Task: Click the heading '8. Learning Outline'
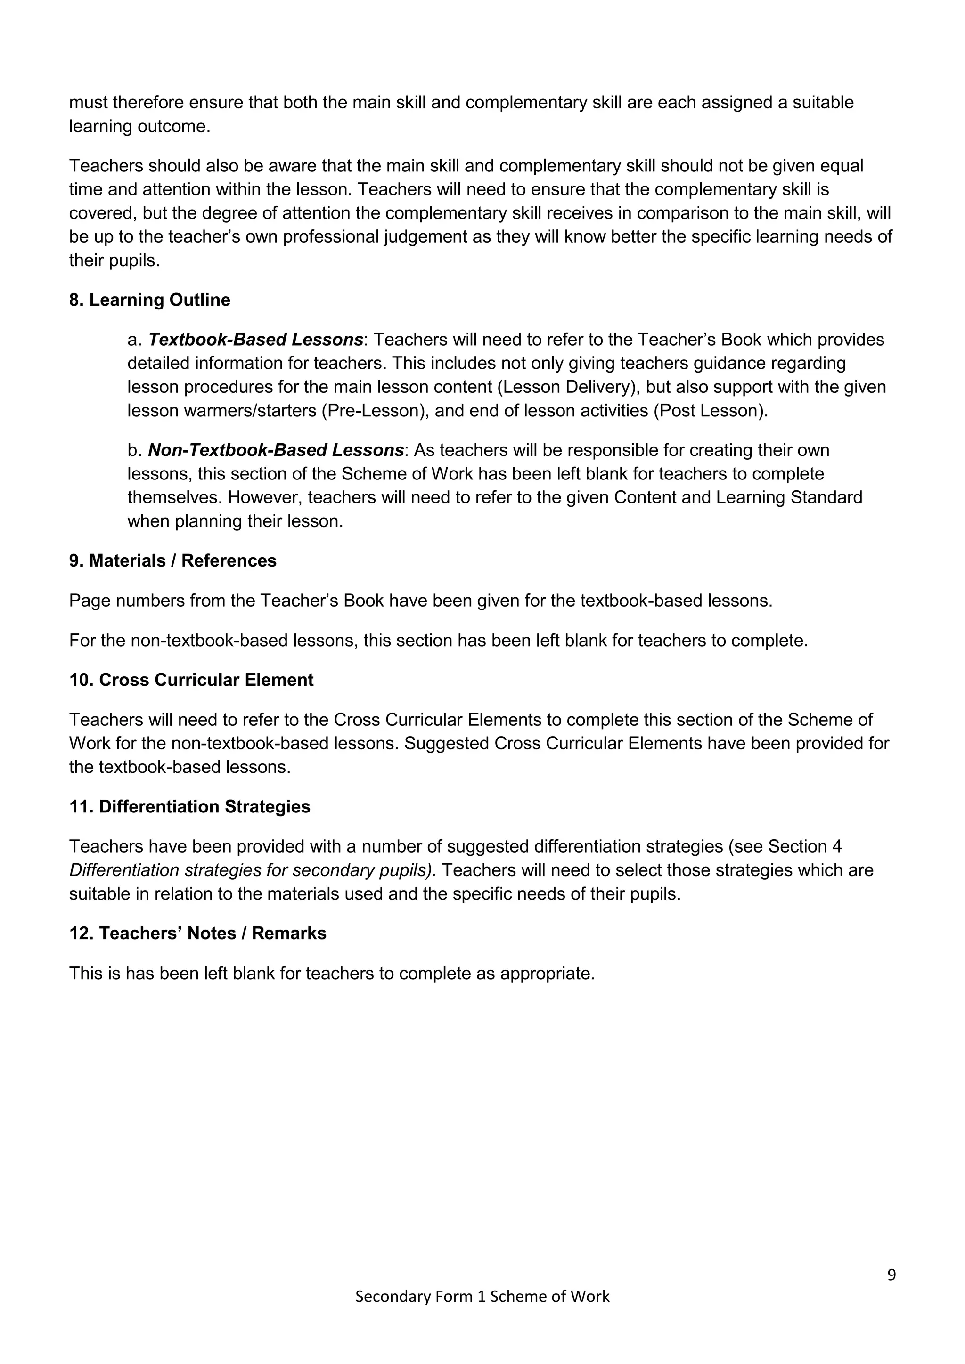tap(149, 300)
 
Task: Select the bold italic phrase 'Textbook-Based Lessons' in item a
tap(255, 340)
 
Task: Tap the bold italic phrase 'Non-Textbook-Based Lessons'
tap(276, 450)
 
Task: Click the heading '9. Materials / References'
tap(172, 561)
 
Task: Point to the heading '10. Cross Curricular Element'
tap(191, 680)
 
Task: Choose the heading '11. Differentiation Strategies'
tap(189, 807)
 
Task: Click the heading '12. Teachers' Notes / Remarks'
tap(197, 934)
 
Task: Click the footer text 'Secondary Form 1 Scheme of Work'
tap(482, 1296)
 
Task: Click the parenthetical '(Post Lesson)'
tap(708, 411)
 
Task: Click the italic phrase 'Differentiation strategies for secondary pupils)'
tap(253, 870)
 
